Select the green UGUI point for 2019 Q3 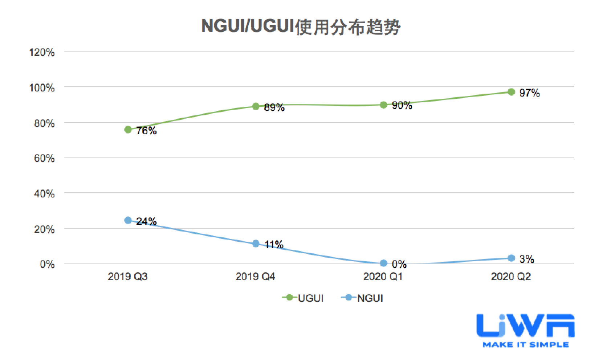pos(128,130)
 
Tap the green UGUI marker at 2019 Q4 pos(256,106)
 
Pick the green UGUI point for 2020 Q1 pos(383,105)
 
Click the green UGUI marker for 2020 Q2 pos(511,92)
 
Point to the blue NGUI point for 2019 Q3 pos(128,220)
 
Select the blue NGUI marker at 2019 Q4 pos(256,244)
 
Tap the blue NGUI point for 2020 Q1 pos(383,263)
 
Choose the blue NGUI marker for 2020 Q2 pos(511,258)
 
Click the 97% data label pos(529,93)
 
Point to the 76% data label pos(146,131)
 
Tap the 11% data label pos(274,245)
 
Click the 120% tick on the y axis pos(42,52)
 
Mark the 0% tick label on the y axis pos(47,264)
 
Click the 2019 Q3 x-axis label pos(128,277)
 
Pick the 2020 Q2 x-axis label pos(511,277)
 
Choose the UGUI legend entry pos(303,298)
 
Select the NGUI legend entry pos(362,298)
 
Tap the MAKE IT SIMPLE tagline pos(526,344)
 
